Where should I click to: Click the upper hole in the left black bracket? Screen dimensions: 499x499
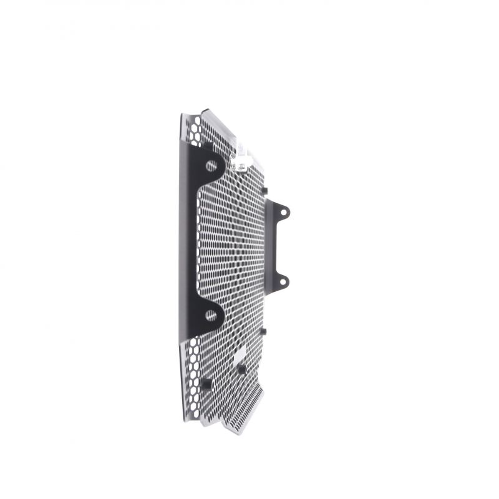click(x=211, y=166)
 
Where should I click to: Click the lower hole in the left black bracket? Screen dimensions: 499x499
click(x=211, y=316)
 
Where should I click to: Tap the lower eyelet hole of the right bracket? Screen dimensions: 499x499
click(x=283, y=281)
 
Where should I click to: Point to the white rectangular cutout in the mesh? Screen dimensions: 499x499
click(x=240, y=357)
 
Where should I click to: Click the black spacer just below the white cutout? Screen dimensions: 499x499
click(x=241, y=369)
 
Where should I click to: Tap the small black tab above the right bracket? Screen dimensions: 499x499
click(x=264, y=190)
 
